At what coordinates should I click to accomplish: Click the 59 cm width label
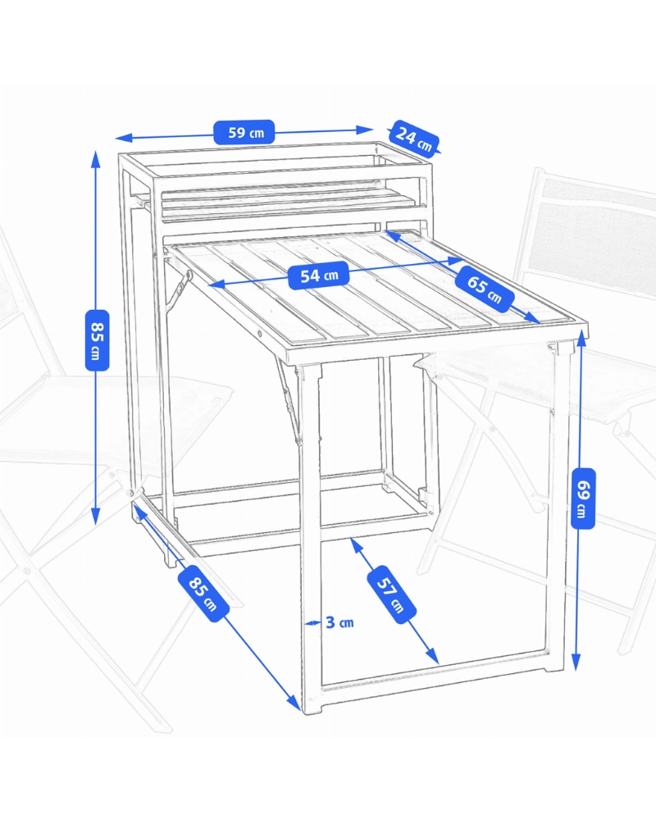[x=244, y=132]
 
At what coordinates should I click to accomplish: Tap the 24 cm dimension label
[x=414, y=137]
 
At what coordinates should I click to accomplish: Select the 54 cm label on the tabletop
[x=319, y=275]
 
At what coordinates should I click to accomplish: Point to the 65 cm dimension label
[x=484, y=289]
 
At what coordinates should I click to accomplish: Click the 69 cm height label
[x=583, y=499]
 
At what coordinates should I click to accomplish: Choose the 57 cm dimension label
[x=392, y=594]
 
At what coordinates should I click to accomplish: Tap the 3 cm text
[x=339, y=622]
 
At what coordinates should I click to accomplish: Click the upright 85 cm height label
[x=98, y=340]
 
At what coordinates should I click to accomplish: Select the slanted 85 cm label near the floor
[x=203, y=594]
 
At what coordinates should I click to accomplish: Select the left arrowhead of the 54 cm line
[x=216, y=285]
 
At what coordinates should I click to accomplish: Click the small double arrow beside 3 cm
[x=312, y=622]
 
